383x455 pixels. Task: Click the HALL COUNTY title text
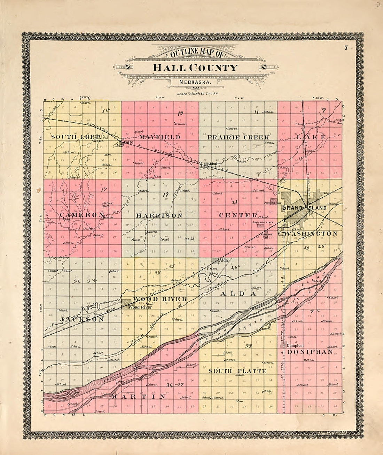pos(195,67)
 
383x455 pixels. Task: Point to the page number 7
pos(346,48)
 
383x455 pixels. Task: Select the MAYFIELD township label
pos(161,137)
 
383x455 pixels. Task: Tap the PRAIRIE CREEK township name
pos(239,137)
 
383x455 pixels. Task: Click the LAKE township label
pos(311,137)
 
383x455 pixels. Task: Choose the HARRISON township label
pos(159,216)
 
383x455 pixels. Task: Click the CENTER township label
pos(238,215)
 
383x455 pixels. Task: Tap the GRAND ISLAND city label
pos(304,208)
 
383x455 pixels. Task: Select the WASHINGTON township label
pos(311,233)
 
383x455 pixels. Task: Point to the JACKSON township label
pos(82,319)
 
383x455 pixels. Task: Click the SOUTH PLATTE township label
pos(237,371)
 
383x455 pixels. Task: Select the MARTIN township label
pos(138,397)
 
